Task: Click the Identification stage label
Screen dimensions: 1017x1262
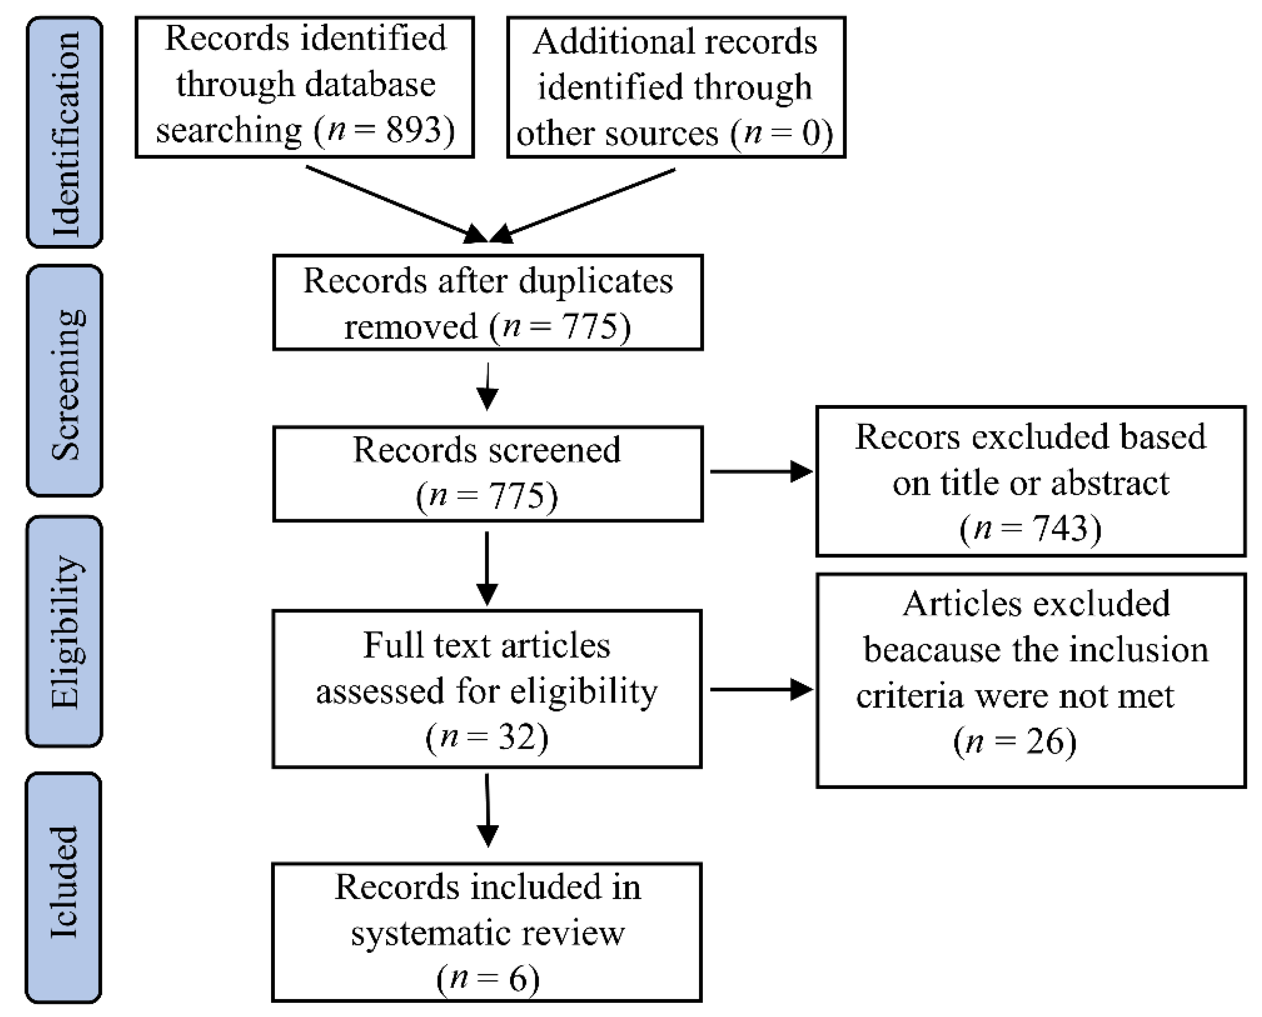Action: [64, 133]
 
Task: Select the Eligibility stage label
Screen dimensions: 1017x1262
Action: [64, 632]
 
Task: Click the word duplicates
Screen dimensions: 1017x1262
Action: [596, 281]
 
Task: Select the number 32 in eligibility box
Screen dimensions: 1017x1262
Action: [515, 737]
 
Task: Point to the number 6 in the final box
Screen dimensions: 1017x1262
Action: [517, 979]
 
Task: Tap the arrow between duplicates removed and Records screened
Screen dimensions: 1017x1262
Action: [488, 387]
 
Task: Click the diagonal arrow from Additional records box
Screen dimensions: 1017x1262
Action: [586, 205]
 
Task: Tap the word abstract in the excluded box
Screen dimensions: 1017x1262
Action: [1110, 483]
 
